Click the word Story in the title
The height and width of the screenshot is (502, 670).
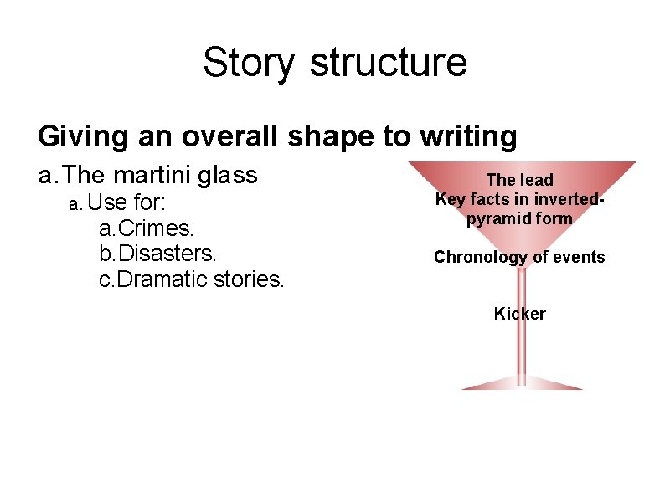pyautogui.click(x=249, y=63)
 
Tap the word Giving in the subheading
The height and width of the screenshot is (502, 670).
pyautogui.click(x=80, y=136)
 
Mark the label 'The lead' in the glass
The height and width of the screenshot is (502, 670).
pyautogui.click(x=519, y=180)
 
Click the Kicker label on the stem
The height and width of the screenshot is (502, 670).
pyautogui.click(x=519, y=315)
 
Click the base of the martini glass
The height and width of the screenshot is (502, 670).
pyautogui.click(x=520, y=384)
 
